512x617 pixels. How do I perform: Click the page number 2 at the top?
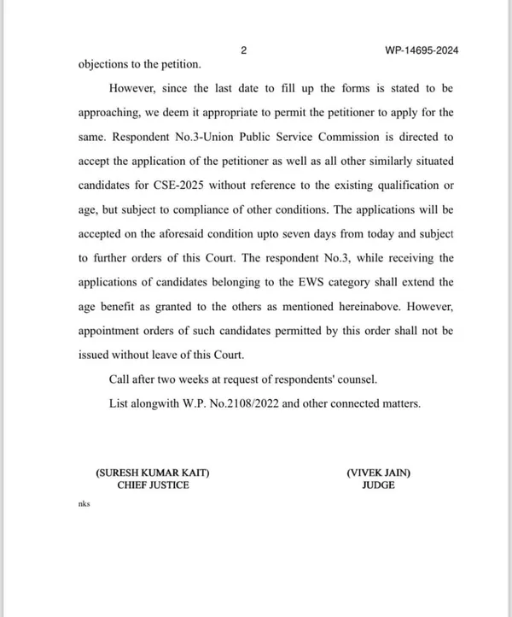point(244,50)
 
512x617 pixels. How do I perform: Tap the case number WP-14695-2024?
point(422,50)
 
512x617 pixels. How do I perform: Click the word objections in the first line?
point(107,64)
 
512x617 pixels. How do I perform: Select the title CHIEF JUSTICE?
point(153,485)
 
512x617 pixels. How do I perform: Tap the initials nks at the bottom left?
point(84,504)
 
